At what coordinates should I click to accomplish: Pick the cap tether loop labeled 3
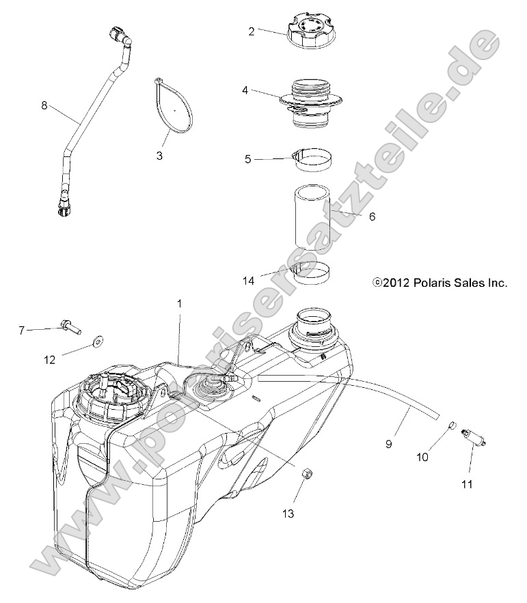(x=173, y=106)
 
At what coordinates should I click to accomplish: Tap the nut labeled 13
(x=307, y=472)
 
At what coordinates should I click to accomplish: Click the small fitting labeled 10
(x=452, y=427)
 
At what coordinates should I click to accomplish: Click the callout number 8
(x=44, y=105)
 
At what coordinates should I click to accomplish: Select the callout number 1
(x=180, y=303)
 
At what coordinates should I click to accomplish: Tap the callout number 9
(x=408, y=443)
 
